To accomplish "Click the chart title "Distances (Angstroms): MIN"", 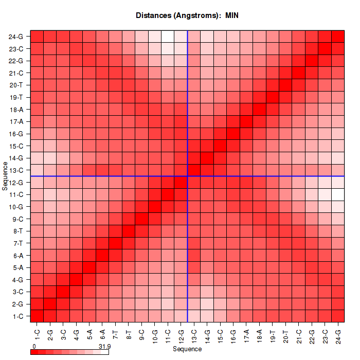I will [187, 15].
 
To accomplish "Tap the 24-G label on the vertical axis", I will [16, 37].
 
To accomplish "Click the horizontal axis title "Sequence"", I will [187, 349].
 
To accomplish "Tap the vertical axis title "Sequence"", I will [5, 176].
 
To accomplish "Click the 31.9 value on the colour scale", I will [104, 347].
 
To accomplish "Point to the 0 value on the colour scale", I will [34, 347].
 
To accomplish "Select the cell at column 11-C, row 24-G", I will [168, 37].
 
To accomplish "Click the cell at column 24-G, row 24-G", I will [338, 37].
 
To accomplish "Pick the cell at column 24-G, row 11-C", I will [338, 194].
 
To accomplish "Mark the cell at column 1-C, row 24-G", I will [37, 37].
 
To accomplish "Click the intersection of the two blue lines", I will [187, 176].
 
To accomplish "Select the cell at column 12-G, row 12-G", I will [181, 182].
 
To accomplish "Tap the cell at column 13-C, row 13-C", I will [194, 170].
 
